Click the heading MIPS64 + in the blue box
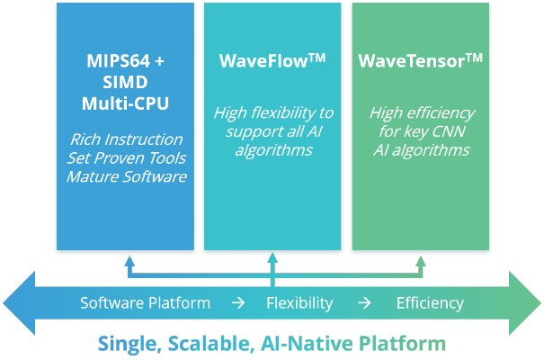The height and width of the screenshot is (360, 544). point(125,63)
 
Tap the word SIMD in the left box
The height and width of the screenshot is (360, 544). point(125,83)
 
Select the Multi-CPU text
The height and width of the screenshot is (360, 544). point(125,103)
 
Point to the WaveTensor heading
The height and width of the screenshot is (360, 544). point(420,62)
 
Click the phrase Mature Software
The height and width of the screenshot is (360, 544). point(126,176)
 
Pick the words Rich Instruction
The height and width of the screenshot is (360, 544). point(126,139)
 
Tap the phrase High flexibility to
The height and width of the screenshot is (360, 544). point(273,112)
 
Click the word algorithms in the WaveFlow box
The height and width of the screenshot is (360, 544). point(273,149)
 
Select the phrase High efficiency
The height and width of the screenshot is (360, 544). point(421,112)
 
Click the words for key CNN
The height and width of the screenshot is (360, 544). point(421,131)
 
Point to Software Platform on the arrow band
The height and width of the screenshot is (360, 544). point(145,303)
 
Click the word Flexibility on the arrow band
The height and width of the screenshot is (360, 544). point(299,303)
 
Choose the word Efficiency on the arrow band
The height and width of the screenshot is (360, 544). point(430,303)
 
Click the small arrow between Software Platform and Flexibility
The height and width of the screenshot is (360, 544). point(237,303)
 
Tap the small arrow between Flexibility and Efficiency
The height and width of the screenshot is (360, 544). point(365,303)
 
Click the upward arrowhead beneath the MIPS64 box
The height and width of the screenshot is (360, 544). point(129,260)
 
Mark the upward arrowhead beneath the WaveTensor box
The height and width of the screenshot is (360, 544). point(420,260)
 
